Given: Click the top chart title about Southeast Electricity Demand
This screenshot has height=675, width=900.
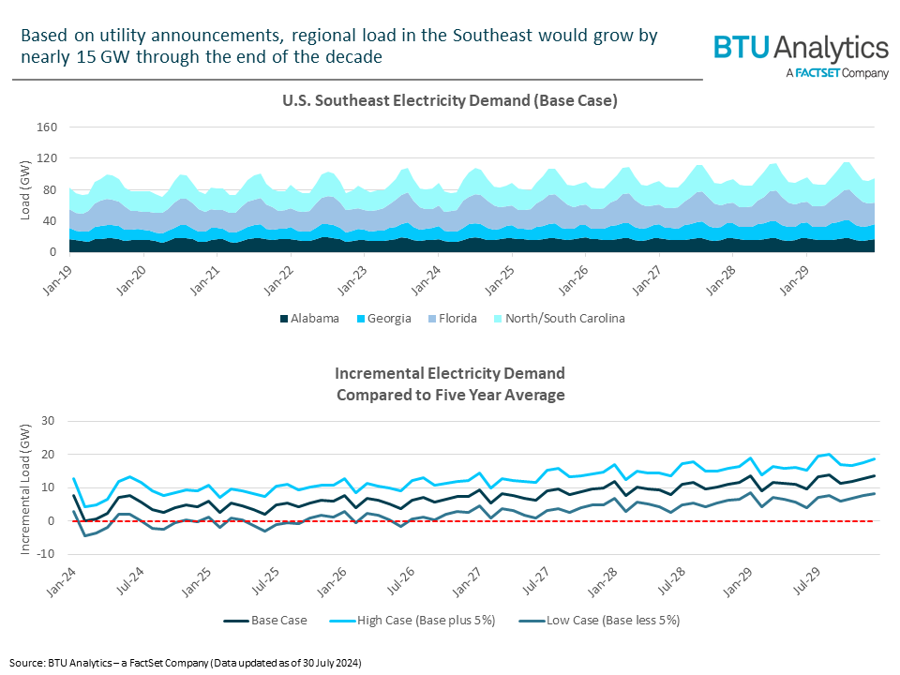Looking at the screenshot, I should pyautogui.click(x=449, y=100).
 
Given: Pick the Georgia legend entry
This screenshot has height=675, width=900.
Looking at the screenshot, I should pyautogui.click(x=384, y=319).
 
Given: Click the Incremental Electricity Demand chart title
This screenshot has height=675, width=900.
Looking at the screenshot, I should pyautogui.click(x=449, y=384).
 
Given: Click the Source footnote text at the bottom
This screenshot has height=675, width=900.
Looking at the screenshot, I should pyautogui.click(x=186, y=663).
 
